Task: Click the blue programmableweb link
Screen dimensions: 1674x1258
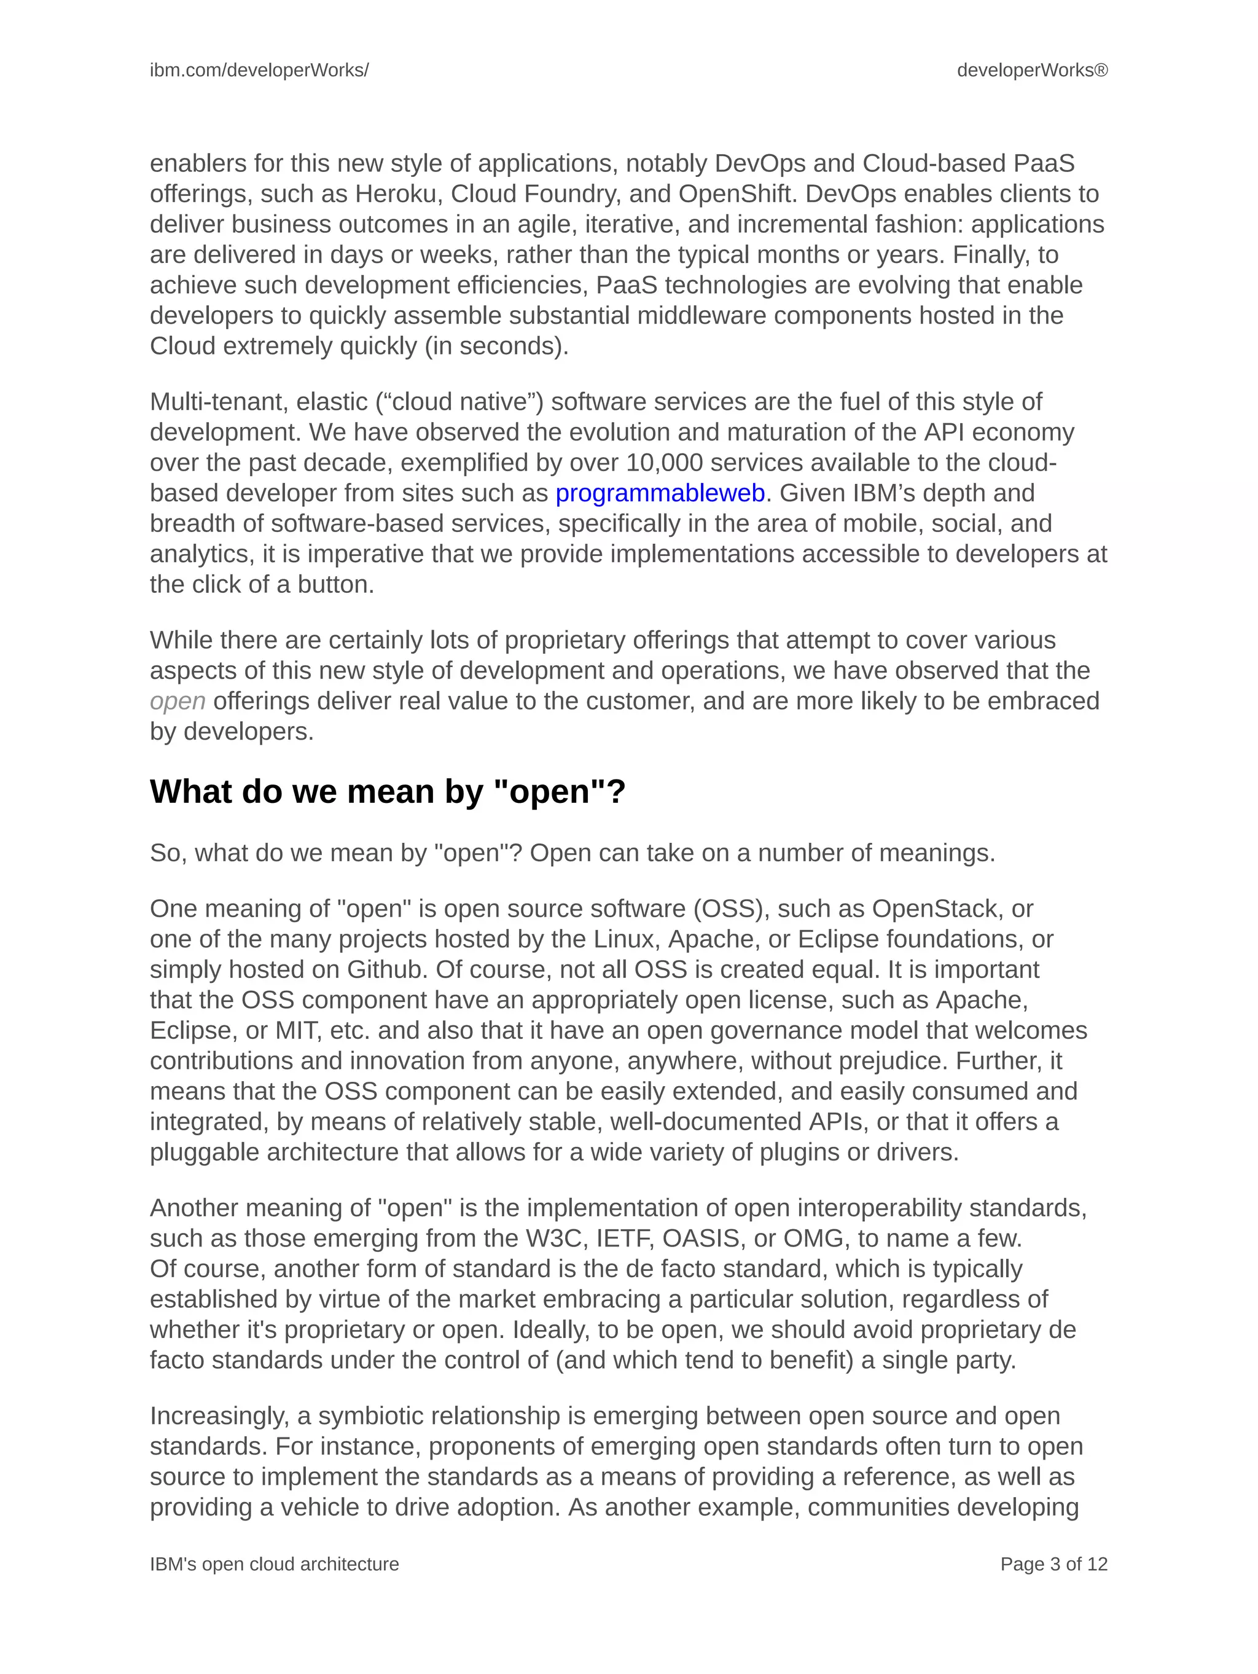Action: [x=660, y=493]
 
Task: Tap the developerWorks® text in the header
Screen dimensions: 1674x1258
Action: [x=1032, y=71]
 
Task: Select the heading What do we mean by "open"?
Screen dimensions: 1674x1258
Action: [x=388, y=792]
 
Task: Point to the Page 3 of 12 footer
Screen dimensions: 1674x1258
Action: [x=1053, y=1564]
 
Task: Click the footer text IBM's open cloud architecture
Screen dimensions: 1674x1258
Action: [x=274, y=1564]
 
